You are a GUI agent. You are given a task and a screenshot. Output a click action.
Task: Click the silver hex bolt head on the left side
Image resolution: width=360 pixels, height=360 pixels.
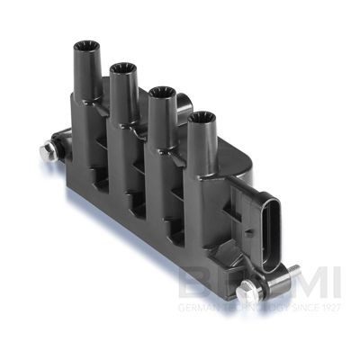(46, 152)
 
